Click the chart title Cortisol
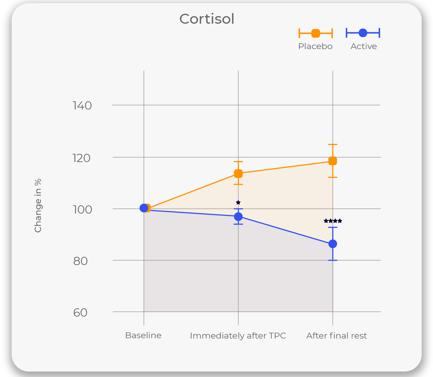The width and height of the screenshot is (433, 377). (x=207, y=19)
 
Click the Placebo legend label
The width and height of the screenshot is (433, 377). (x=315, y=46)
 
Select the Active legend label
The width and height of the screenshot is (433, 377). (x=364, y=46)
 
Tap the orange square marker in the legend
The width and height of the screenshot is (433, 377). (x=316, y=33)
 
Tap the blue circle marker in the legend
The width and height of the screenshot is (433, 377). (x=363, y=33)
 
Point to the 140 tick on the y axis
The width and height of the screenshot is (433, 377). (x=82, y=105)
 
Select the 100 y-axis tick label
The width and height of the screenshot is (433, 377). (x=82, y=209)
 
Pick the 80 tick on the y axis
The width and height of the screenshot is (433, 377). (x=80, y=261)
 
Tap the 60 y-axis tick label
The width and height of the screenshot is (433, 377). (x=80, y=312)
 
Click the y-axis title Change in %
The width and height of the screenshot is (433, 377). (x=38, y=205)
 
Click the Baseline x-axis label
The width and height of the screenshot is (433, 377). (x=143, y=335)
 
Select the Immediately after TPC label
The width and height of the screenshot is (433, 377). (x=238, y=335)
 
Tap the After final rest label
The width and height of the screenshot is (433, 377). (x=337, y=335)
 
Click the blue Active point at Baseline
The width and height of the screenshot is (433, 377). (x=144, y=208)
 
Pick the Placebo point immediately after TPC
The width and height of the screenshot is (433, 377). (x=238, y=174)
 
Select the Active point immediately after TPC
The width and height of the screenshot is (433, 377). (x=238, y=217)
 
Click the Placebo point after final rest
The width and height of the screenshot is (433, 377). (x=333, y=161)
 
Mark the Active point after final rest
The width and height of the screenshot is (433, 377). (x=333, y=244)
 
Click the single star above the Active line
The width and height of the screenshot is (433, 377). (x=238, y=203)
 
